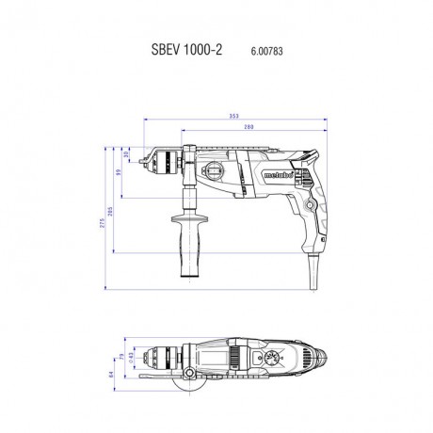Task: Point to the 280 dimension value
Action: coord(248,127)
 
